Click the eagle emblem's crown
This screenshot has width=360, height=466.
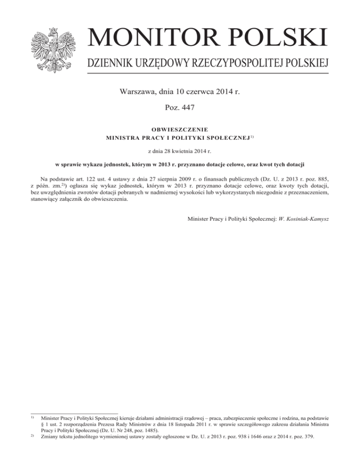click(52, 31)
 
